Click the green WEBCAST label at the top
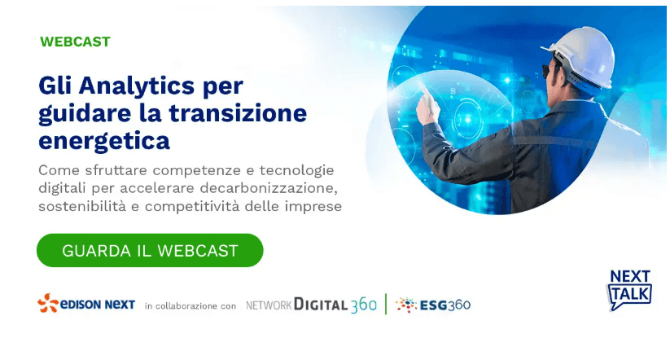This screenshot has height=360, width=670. click(x=75, y=42)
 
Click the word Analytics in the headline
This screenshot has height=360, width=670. click(x=137, y=87)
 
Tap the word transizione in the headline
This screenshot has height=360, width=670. click(x=238, y=113)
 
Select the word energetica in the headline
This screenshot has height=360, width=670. click(x=104, y=142)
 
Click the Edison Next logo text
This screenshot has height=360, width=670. click(x=98, y=305)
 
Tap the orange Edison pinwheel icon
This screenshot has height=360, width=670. click(x=48, y=303)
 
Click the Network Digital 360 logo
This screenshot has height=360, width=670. click(x=311, y=305)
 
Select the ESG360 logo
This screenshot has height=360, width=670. click(x=433, y=305)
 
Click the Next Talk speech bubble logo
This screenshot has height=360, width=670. click(x=629, y=289)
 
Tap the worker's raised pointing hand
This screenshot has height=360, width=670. click(x=427, y=105)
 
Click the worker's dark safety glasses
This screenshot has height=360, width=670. click(x=546, y=71)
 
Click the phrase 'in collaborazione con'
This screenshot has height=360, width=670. click(x=190, y=306)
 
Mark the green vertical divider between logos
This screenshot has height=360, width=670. click(x=386, y=304)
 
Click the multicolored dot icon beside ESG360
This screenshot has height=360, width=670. click(x=406, y=305)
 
